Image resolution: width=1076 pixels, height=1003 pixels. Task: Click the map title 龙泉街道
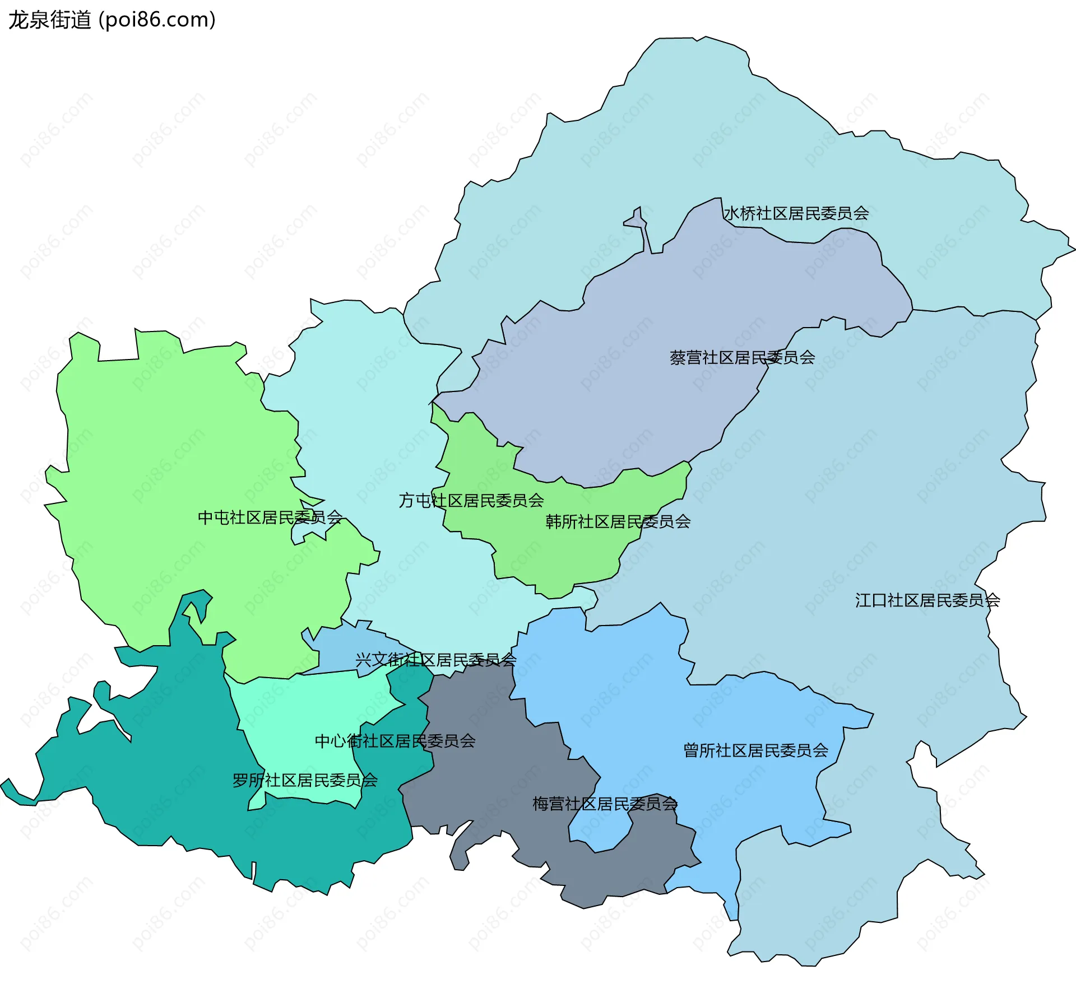point(49,20)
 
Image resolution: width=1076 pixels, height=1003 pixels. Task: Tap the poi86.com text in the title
point(157,20)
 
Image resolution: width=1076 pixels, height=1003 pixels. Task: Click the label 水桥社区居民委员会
point(796,213)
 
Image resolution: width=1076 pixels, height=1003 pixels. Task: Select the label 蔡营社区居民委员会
point(742,357)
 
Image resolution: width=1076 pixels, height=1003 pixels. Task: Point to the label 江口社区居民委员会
point(927,600)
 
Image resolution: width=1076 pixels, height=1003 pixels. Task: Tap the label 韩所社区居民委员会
point(618,521)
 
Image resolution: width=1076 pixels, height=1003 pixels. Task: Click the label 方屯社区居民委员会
point(471,500)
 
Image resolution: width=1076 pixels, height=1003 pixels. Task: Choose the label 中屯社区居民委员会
point(270,517)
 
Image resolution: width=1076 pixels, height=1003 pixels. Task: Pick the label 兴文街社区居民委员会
point(435,660)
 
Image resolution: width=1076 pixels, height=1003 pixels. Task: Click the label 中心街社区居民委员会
point(395,741)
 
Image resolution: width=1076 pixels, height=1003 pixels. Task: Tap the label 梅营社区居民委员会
point(605,804)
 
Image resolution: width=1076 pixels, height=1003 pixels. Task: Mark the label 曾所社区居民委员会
point(755,750)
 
